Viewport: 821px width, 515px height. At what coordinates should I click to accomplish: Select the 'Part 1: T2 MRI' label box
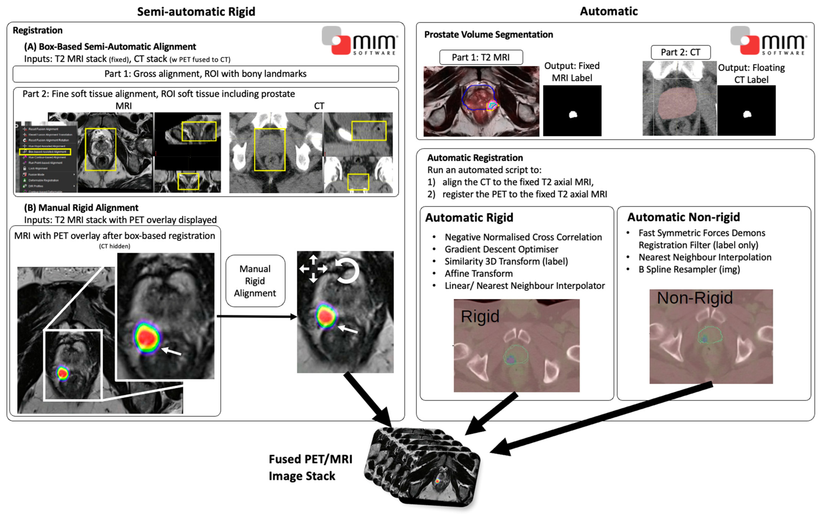(481, 57)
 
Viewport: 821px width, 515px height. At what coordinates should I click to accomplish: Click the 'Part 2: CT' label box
(680, 52)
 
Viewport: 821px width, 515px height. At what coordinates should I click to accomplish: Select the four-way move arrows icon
(313, 269)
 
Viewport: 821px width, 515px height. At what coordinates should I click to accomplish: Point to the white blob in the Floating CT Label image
(747, 114)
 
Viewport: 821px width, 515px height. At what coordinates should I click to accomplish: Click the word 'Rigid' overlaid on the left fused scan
(480, 317)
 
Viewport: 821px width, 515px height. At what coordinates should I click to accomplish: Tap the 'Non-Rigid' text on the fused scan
(695, 298)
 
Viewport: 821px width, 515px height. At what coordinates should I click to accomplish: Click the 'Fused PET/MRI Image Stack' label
(310, 467)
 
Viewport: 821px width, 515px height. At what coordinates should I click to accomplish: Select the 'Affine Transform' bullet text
(478, 273)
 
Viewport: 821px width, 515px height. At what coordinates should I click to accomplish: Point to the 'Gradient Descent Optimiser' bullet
(501, 249)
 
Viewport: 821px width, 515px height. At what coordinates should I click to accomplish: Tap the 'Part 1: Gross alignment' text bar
(205, 74)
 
